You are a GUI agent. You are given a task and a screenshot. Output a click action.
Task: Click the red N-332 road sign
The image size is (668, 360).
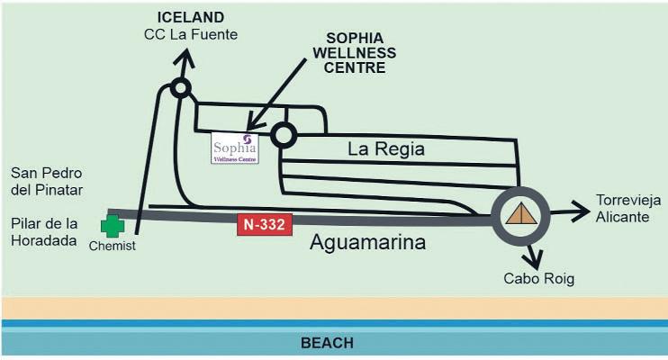click(266, 225)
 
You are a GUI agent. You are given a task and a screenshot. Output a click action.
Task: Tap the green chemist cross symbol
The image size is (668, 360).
click(113, 226)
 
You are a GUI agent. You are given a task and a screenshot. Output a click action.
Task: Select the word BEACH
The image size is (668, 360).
click(327, 343)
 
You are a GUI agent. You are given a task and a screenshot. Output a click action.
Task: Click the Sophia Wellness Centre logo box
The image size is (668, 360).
click(234, 148)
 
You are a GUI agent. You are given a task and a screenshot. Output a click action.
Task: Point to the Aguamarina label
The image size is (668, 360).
click(367, 244)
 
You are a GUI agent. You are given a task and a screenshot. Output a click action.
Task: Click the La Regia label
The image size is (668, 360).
click(386, 148)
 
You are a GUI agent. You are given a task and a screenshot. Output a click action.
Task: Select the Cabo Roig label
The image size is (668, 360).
click(539, 279)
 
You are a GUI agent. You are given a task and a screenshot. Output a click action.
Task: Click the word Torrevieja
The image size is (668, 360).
click(627, 200)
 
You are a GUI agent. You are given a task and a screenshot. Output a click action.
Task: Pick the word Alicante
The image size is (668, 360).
click(621, 217)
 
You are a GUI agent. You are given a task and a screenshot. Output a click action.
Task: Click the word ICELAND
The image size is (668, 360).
click(190, 17)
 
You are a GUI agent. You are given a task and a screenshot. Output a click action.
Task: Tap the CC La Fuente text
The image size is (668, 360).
click(190, 34)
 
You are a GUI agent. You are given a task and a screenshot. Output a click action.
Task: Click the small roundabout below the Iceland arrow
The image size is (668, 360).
click(180, 88)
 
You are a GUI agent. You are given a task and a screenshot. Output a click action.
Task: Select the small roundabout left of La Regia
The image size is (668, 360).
click(284, 135)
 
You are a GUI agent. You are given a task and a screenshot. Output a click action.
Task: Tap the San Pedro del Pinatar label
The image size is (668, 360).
click(46, 181)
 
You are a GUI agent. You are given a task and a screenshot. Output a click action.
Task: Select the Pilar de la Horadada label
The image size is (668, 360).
click(46, 232)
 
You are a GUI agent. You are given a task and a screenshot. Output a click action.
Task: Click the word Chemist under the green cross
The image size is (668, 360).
click(113, 247)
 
